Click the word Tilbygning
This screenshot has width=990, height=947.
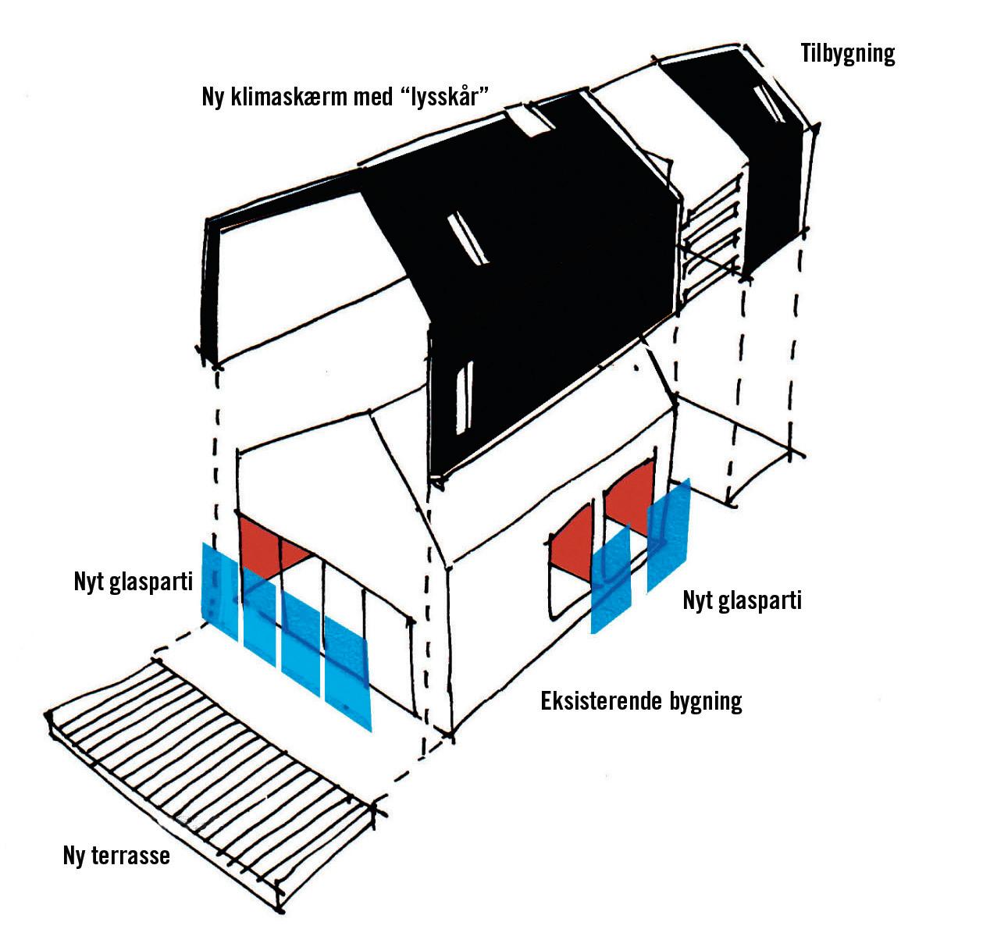[x=847, y=54]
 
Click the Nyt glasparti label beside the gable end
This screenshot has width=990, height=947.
[x=133, y=582]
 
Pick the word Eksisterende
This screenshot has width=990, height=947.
[x=602, y=700]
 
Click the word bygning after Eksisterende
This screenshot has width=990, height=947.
[x=705, y=701]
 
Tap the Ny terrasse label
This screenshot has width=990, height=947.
[x=116, y=855]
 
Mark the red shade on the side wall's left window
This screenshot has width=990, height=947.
[x=572, y=539]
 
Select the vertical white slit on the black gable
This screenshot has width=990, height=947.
[x=464, y=398]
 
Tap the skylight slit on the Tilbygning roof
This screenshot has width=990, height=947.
[x=769, y=105]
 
